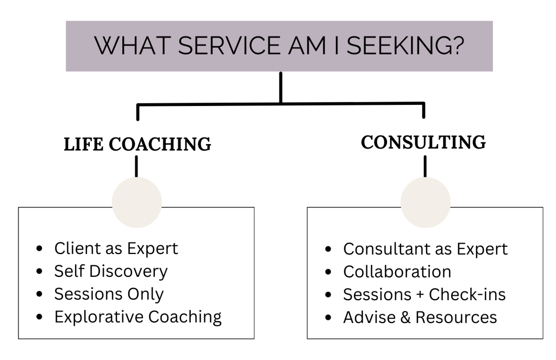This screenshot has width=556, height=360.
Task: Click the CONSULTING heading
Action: tap(423, 142)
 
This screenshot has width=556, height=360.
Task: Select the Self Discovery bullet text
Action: tap(110, 271)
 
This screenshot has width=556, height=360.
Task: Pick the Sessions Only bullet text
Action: tap(108, 294)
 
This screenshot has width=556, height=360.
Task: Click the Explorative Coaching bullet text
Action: tap(138, 316)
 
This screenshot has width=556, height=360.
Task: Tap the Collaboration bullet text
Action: tap(397, 271)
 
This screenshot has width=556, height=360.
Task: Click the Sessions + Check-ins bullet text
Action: tap(424, 294)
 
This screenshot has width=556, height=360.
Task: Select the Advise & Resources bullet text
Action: tap(420, 316)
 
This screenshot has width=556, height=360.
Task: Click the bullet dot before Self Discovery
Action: tap(41, 271)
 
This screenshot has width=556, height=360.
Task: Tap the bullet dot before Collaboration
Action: tap(330, 271)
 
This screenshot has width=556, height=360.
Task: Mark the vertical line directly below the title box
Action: tap(280, 87)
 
